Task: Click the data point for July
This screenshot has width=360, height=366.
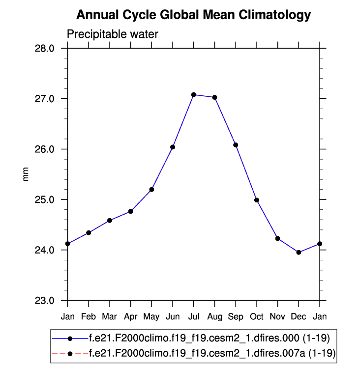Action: [x=194, y=95]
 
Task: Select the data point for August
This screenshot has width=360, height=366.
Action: [x=214, y=97]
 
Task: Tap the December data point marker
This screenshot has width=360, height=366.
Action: [x=299, y=252]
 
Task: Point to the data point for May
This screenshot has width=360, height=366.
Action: [x=151, y=190]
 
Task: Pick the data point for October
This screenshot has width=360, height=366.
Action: [x=257, y=200]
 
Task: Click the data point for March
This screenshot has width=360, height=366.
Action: [x=110, y=221]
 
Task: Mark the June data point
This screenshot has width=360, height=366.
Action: [x=173, y=147]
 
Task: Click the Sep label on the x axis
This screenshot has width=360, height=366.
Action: [x=236, y=317]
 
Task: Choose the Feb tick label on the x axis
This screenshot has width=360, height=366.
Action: [x=89, y=317]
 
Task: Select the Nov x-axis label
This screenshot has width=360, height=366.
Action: [x=277, y=317]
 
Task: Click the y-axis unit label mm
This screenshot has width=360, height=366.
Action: [x=26, y=174]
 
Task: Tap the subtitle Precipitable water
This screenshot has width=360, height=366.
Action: [x=113, y=34]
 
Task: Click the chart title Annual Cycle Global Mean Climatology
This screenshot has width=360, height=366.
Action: [x=194, y=15]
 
